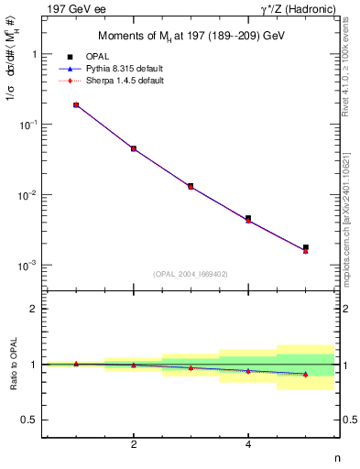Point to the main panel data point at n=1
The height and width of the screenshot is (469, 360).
click(x=76, y=105)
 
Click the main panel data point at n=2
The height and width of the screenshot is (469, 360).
click(x=134, y=148)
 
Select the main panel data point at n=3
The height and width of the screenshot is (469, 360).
click(x=191, y=186)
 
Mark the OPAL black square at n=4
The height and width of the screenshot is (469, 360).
click(x=248, y=218)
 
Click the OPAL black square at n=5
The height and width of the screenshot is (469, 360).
click(x=306, y=247)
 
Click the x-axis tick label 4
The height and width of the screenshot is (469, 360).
click(x=248, y=445)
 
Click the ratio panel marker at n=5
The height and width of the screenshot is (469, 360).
click(x=306, y=374)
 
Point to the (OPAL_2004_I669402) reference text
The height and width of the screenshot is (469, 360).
click(x=191, y=274)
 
